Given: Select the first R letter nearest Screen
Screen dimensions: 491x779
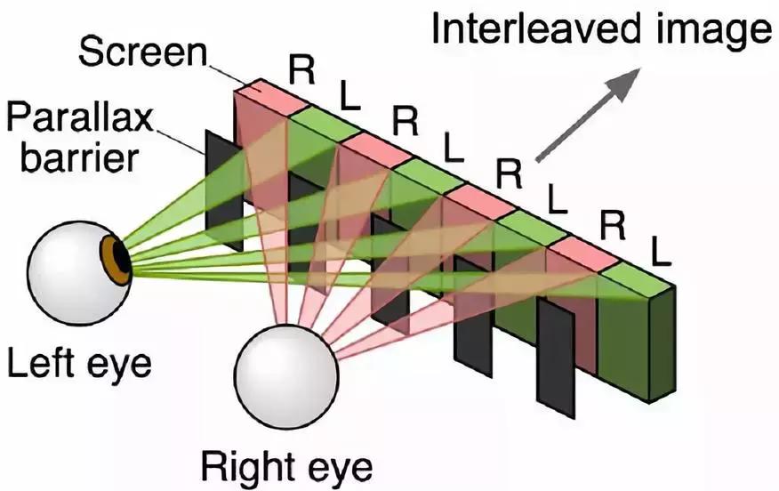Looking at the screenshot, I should point(302,70).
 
